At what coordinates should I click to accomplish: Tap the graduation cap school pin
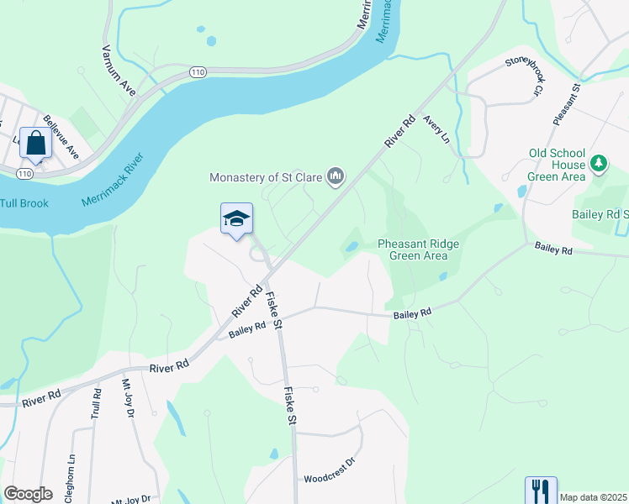[x=236, y=220]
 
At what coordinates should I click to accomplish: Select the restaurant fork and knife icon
[x=541, y=491]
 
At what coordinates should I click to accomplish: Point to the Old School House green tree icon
[x=599, y=162]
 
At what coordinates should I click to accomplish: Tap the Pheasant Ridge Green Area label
[x=418, y=249]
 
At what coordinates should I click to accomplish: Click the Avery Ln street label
[x=437, y=129]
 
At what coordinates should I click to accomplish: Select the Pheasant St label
[x=567, y=104]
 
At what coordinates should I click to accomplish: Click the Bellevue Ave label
[x=61, y=137]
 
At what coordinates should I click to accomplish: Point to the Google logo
[x=28, y=494]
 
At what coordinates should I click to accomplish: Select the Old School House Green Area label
[x=557, y=165]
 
